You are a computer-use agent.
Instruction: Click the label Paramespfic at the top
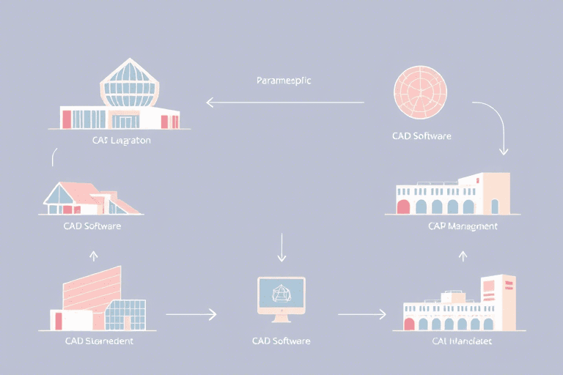click(x=284, y=81)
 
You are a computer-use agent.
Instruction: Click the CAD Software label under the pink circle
click(x=422, y=136)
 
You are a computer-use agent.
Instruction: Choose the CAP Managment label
click(x=463, y=226)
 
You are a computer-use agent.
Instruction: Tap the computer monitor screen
click(x=281, y=293)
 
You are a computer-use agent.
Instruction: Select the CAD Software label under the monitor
click(x=281, y=341)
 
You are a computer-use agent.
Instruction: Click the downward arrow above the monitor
click(x=282, y=248)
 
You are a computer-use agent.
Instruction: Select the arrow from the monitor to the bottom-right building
click(x=361, y=315)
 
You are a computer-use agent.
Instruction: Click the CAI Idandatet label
click(x=460, y=341)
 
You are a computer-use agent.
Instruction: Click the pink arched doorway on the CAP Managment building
click(x=402, y=207)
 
